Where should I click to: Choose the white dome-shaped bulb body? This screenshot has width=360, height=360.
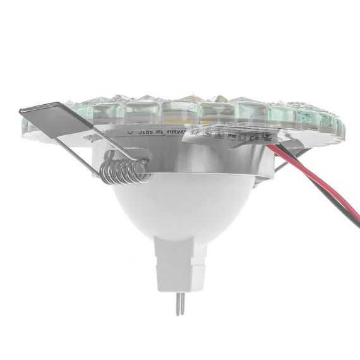tap(183, 208)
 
